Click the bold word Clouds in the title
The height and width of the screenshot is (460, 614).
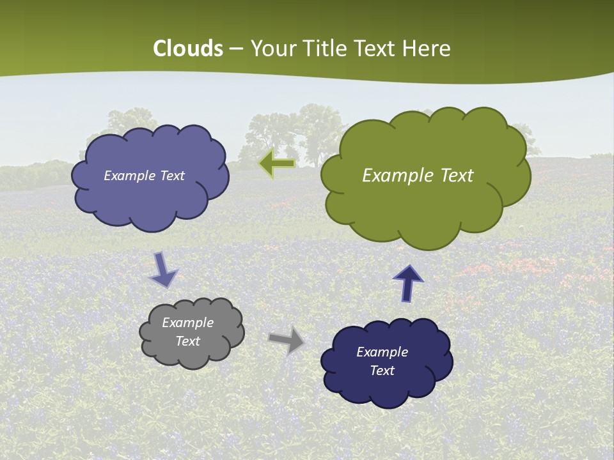pyautogui.click(x=188, y=49)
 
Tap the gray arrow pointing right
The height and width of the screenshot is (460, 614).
pyautogui.click(x=286, y=339)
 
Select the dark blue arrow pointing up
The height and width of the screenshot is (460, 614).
pyautogui.click(x=408, y=283)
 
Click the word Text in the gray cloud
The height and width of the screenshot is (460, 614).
pyautogui.click(x=188, y=341)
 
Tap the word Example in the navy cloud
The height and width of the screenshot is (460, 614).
pyautogui.click(x=382, y=352)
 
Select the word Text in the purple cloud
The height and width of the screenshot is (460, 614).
pyautogui.click(x=171, y=176)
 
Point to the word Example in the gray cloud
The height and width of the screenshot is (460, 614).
pyautogui.click(x=188, y=323)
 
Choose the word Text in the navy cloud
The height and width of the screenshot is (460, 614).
pyautogui.click(x=382, y=371)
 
